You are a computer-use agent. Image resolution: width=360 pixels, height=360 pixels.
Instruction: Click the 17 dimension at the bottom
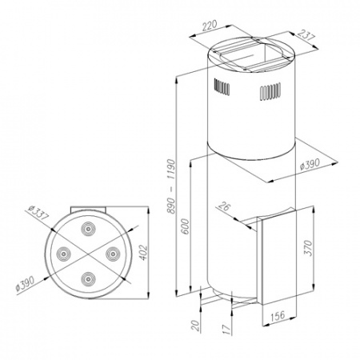click(226, 329)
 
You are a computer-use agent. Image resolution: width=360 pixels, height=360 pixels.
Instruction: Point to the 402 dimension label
click(145, 252)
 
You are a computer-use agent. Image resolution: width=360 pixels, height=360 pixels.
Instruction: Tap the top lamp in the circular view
click(86, 230)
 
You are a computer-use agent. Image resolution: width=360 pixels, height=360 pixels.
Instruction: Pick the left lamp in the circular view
click(62, 254)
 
